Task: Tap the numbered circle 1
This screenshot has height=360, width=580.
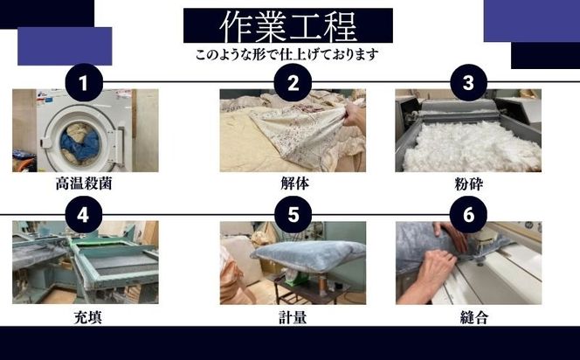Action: click(84, 83)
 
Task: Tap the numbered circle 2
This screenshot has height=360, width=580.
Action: click(293, 83)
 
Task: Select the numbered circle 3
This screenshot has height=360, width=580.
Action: click(468, 83)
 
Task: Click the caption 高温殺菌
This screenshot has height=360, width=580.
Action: click(84, 185)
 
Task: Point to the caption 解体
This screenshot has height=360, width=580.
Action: click(293, 185)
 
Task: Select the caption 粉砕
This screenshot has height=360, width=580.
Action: click(468, 185)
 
